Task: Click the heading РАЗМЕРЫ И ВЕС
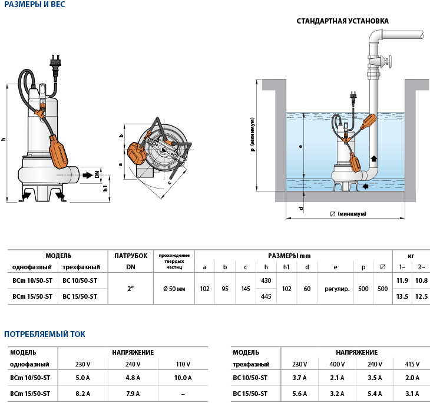35,5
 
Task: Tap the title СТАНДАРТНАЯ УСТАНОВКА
342,21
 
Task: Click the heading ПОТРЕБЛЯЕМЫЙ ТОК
45,334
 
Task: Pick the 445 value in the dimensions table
266,296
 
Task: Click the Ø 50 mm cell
174,289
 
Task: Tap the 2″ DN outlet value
131,289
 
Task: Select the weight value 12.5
421,296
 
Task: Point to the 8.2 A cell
82,394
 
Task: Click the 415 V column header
412,364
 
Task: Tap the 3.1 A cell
412,394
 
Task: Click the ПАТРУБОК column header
131,256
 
